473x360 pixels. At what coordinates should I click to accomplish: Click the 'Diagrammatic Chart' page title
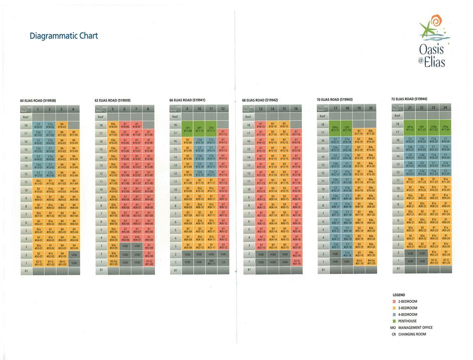[x=64, y=36]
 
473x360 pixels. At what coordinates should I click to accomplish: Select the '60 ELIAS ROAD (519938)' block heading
[x=38, y=100]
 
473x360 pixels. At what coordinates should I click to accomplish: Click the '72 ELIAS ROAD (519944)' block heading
[x=409, y=99]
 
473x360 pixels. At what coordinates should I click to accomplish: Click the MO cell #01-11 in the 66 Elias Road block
[x=211, y=262]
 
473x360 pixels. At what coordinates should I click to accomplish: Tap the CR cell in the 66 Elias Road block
[x=223, y=262]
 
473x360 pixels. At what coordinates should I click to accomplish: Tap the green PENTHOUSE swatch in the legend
[x=394, y=321]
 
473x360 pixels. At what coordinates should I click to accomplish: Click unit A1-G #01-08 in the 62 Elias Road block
[x=149, y=263]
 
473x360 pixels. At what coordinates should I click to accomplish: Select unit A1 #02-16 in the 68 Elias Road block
[x=296, y=255]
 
